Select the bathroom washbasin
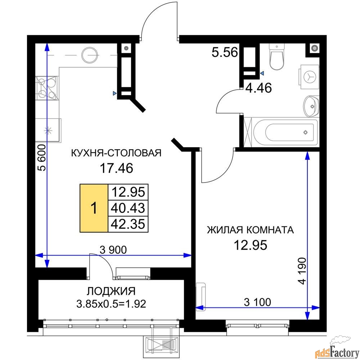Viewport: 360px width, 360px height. pos(311,106)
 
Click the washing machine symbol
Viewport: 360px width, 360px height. pos(309,77)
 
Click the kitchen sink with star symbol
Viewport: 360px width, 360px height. pos(48,130)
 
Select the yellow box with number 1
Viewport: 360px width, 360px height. pos(94,208)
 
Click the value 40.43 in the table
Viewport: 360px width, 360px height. pos(128,208)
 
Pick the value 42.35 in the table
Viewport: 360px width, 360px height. pos(128,224)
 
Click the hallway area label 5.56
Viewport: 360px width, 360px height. pos(225,52)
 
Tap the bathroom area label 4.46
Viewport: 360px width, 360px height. pos(258,88)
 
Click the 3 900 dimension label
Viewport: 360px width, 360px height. pos(113,249)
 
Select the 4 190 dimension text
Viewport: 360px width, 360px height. pos(303,271)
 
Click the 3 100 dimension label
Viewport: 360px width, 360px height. pos(257,302)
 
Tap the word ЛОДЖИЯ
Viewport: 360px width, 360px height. pos(111,291)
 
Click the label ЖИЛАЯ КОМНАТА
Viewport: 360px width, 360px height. pos(251,230)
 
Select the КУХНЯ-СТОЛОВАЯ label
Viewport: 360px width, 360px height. pos(116,153)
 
